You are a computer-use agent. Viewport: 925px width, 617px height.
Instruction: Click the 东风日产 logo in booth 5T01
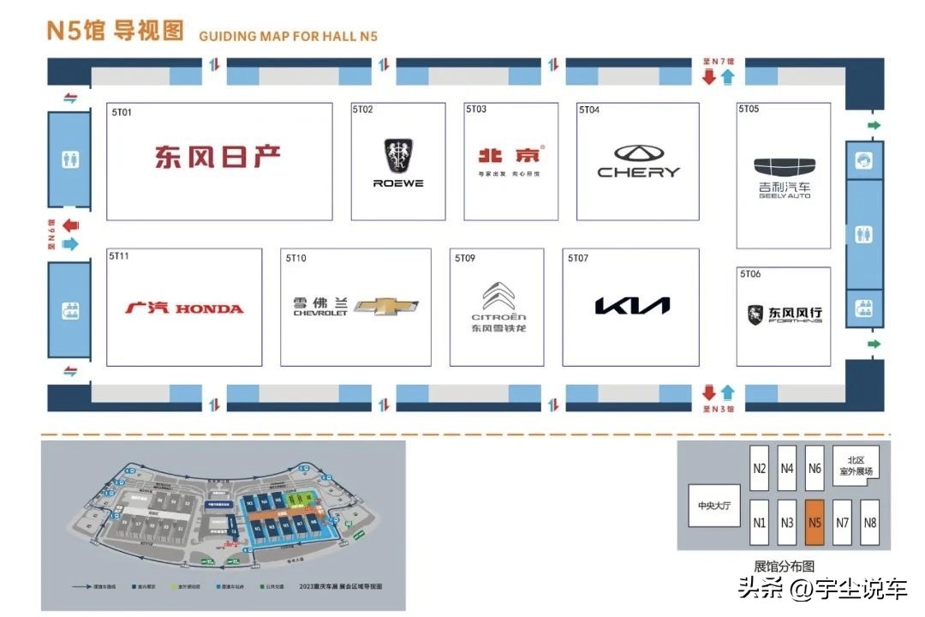tap(218, 157)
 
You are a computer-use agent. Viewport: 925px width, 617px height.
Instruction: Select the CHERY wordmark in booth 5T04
tap(638, 172)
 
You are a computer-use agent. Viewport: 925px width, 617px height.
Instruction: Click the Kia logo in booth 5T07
tap(632, 306)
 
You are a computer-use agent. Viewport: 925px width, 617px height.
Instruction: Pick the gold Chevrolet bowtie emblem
tap(386, 307)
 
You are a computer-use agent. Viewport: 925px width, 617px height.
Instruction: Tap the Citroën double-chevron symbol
tap(498, 297)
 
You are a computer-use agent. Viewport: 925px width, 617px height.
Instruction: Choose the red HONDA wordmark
tap(209, 308)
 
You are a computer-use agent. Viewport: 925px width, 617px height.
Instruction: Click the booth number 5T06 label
tap(749, 274)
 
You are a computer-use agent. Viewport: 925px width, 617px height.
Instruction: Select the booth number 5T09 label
tap(465, 258)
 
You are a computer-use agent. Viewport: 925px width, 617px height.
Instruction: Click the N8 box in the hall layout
tap(869, 522)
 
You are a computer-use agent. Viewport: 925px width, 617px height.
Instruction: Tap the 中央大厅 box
tap(713, 506)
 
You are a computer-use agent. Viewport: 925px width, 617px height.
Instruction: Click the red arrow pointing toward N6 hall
tap(70, 225)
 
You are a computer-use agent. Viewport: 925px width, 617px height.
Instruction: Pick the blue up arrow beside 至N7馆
tap(727, 78)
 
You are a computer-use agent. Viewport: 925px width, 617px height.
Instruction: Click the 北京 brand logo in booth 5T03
tap(510, 156)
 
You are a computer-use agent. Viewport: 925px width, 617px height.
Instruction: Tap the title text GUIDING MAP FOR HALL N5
tap(288, 36)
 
